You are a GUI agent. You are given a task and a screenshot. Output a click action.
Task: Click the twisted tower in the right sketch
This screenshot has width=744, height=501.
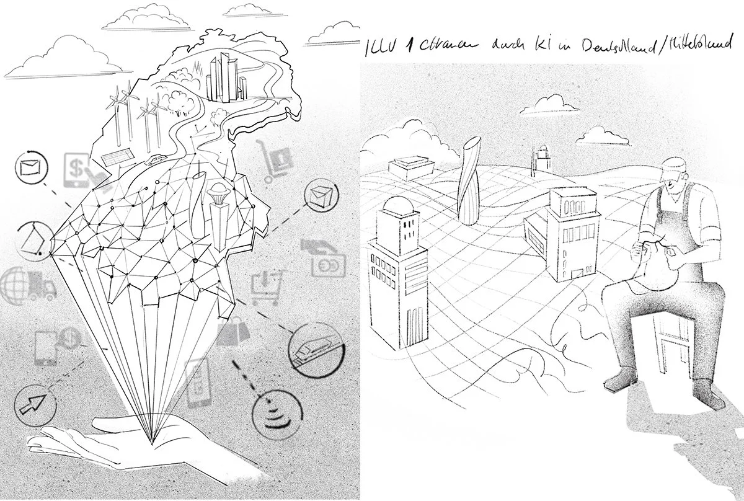click(469, 180)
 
